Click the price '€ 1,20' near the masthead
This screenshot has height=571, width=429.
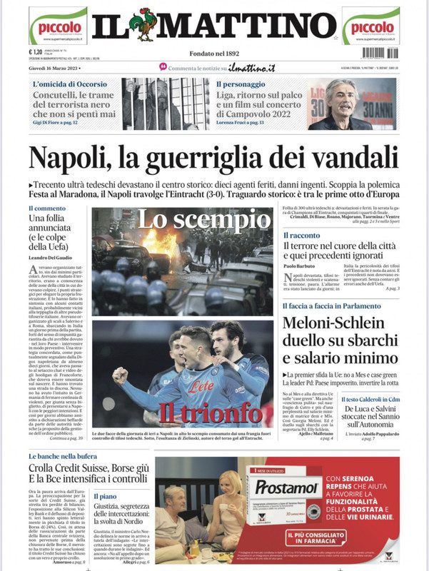tap(36, 51)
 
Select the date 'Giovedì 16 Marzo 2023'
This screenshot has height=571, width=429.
tap(55, 68)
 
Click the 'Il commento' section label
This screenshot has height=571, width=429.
tap(46, 208)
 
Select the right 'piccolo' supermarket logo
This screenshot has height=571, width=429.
tap(370, 26)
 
